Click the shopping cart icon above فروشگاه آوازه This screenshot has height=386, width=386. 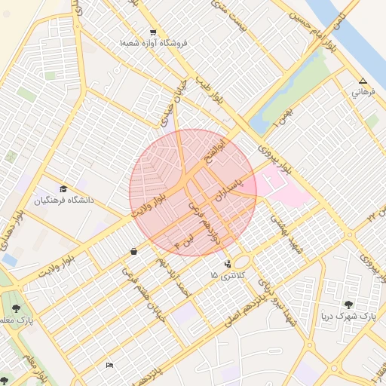coord(153,32)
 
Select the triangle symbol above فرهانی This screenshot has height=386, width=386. coord(363,81)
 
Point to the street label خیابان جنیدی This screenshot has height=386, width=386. coord(182,100)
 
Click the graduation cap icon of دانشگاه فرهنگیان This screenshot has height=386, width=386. coord(63,188)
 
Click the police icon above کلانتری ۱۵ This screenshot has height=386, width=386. coord(227,263)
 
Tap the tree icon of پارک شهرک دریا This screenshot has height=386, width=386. coord(348,304)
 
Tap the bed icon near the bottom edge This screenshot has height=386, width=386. coord(110,366)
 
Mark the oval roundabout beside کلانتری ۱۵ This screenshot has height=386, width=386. coord(241,262)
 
